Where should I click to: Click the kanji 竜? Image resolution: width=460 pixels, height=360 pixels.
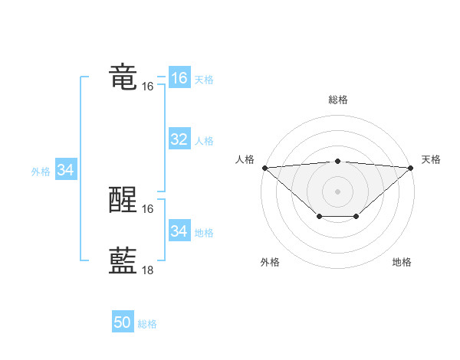[x=123, y=77]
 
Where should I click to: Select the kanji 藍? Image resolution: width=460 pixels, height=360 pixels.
[x=123, y=261]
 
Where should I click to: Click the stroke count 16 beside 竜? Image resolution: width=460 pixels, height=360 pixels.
[x=148, y=87]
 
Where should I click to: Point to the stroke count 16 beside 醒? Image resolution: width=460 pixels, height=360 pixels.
[x=148, y=209]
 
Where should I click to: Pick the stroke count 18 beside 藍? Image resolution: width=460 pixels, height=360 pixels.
[x=148, y=270]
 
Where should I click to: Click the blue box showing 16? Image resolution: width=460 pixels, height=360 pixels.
[x=179, y=78]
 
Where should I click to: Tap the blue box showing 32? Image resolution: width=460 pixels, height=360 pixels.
[x=179, y=139]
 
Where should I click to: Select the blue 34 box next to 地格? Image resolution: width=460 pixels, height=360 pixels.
[x=179, y=231]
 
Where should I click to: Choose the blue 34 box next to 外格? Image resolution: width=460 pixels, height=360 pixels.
[x=65, y=170]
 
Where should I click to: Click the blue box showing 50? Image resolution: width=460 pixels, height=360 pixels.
[x=123, y=323]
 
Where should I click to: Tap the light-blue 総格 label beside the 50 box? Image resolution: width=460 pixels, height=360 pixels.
[x=147, y=324]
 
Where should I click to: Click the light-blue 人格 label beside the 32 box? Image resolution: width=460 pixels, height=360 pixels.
[x=204, y=141]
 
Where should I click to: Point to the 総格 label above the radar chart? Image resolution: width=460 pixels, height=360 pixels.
[x=337, y=100]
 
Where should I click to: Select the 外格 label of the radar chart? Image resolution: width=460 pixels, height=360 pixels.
[x=270, y=262]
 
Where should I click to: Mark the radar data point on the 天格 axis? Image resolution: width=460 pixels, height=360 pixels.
[x=411, y=168]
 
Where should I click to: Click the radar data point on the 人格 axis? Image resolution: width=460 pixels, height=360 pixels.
[x=264, y=168]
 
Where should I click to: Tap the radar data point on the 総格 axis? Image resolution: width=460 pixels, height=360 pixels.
[x=337, y=161]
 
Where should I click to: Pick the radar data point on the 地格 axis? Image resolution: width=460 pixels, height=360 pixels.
[x=356, y=217]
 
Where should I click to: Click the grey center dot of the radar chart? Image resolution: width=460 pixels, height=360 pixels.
[x=337, y=191]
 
